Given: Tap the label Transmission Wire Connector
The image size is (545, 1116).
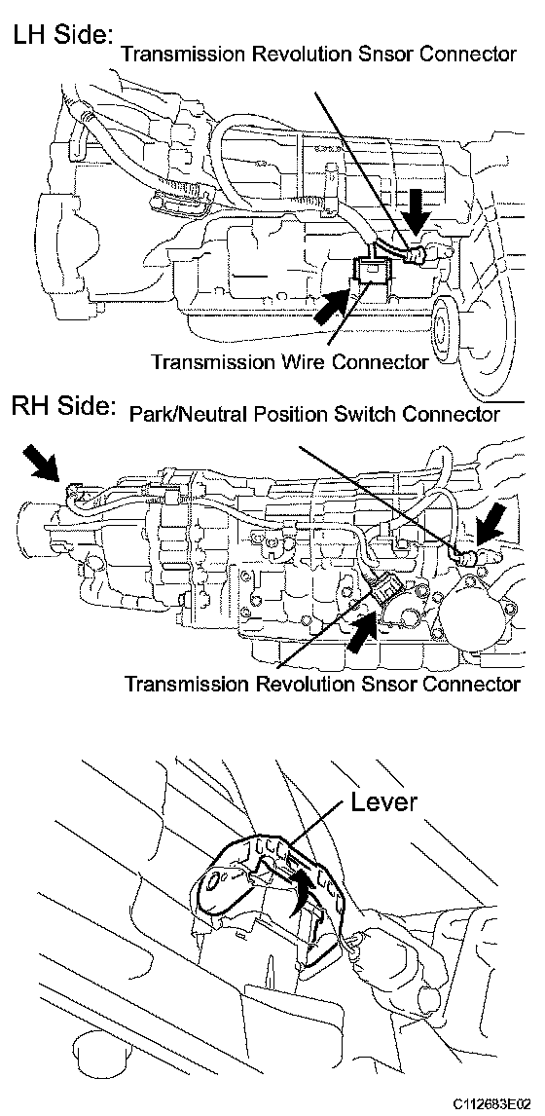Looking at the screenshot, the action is coord(290,361).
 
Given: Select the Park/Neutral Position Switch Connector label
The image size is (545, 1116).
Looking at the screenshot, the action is coord(314,414).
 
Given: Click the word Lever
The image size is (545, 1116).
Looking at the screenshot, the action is coord(382,802).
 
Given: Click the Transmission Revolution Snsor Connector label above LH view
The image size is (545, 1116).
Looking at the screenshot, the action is coord(318,55).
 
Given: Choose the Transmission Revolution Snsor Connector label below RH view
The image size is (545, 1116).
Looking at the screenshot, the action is coord(322,684).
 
